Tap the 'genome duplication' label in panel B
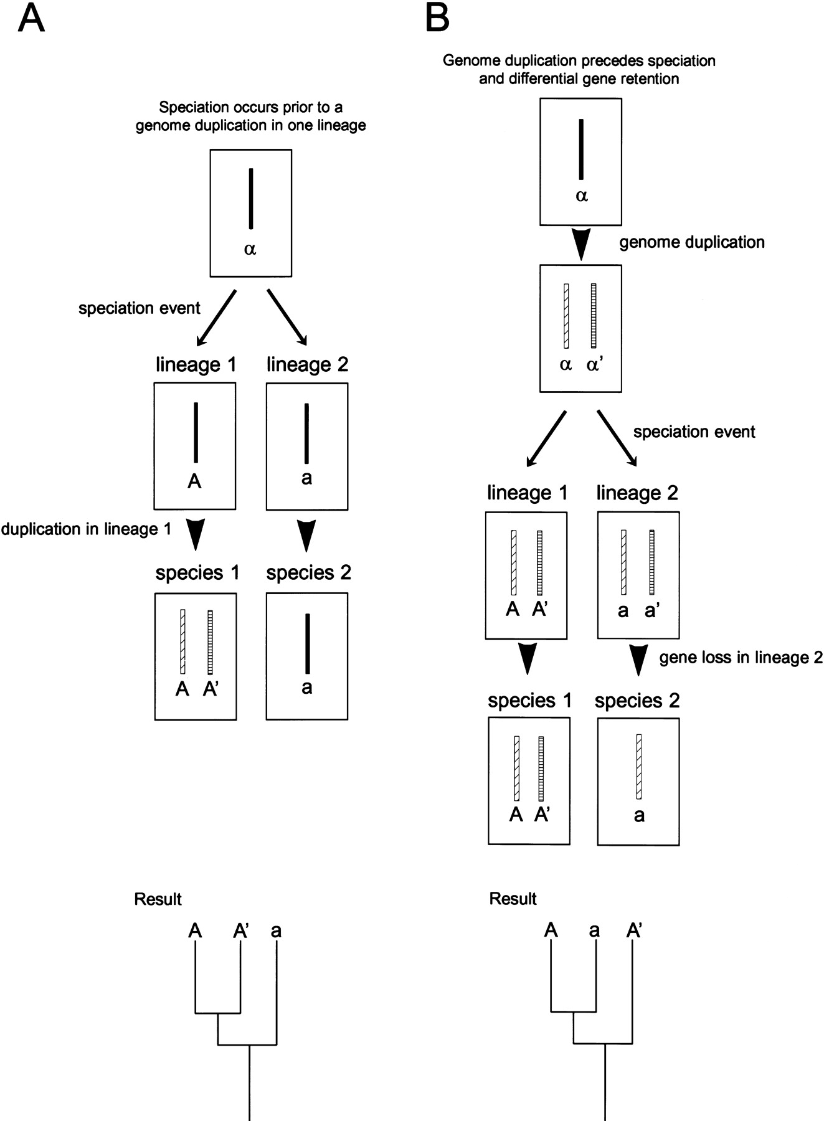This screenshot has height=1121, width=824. click(691, 242)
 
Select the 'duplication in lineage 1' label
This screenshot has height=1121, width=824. click(86, 529)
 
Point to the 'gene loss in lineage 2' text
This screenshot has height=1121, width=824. click(741, 658)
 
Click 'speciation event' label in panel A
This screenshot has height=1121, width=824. click(139, 308)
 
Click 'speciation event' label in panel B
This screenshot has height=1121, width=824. click(694, 432)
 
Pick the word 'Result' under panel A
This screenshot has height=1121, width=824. click(158, 899)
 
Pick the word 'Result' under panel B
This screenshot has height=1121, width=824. click(513, 899)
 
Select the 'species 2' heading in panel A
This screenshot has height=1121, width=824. click(308, 573)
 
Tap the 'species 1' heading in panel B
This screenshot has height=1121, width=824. click(529, 701)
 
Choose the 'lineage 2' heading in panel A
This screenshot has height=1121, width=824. click(307, 364)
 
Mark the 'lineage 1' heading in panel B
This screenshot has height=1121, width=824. click(528, 493)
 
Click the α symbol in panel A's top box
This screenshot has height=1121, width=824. click(250, 250)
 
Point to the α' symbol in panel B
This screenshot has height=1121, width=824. click(594, 365)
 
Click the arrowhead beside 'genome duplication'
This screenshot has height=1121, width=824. click(580, 244)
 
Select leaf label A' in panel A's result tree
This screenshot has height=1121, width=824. click(241, 931)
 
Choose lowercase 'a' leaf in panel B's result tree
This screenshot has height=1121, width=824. click(595, 931)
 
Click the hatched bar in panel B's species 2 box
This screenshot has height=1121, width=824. click(639, 766)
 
